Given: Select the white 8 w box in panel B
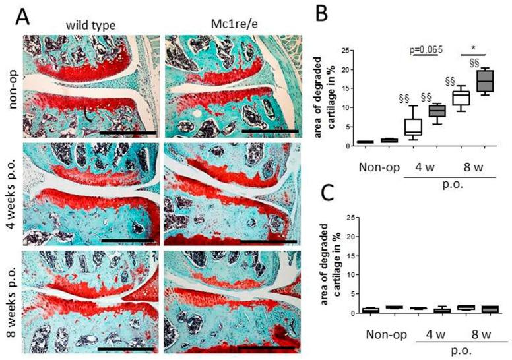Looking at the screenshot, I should [x=460, y=98].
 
